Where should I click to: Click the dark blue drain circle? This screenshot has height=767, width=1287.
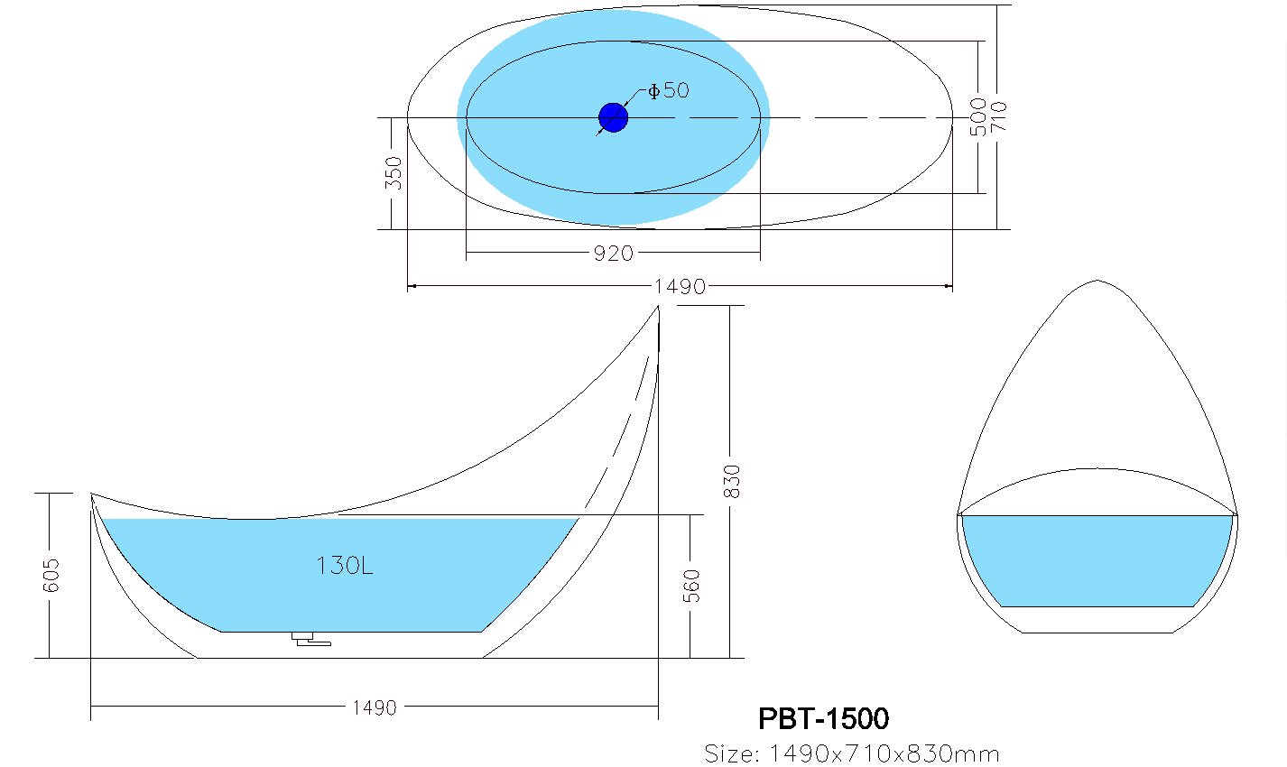(613, 118)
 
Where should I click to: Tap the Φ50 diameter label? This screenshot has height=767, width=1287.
(668, 90)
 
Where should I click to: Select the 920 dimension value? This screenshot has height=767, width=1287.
(613, 254)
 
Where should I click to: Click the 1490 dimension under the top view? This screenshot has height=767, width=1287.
(680, 286)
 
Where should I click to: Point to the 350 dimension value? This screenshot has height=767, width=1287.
(394, 172)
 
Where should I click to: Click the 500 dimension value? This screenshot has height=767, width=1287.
(978, 117)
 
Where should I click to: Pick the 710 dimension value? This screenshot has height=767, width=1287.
(998, 116)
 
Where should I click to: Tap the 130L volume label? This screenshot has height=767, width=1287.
(344, 566)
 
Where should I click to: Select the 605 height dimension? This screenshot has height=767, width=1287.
(51, 575)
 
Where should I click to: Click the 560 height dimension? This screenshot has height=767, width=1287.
(691, 586)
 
